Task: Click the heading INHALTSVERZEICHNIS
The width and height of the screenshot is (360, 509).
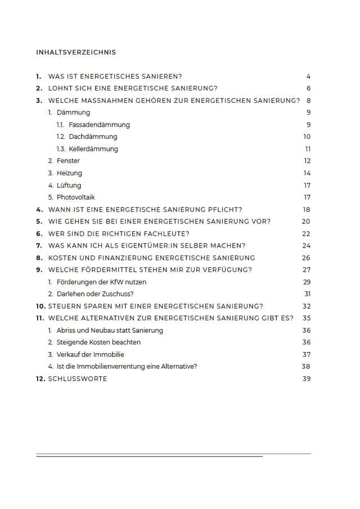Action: [x=76, y=52]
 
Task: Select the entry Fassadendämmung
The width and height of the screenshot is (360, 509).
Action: [x=99, y=125]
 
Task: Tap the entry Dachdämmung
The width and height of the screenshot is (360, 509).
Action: [x=93, y=137]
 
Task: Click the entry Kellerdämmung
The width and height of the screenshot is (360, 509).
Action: [x=93, y=149]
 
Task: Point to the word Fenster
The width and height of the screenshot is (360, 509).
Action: [x=68, y=161]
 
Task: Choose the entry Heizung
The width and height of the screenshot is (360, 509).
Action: [x=69, y=173]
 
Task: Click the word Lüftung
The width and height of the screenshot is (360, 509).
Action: [x=69, y=185]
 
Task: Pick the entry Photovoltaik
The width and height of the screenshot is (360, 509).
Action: [x=76, y=197]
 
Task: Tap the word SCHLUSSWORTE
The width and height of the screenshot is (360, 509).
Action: [x=78, y=379]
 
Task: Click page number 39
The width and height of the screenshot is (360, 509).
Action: [x=306, y=379]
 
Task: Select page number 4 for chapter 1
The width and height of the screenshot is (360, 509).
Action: [x=309, y=76]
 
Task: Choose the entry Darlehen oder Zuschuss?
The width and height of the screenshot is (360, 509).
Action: [x=95, y=294]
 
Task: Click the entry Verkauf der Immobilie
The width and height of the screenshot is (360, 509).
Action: [x=91, y=354]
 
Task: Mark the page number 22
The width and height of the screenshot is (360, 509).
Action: [x=306, y=233]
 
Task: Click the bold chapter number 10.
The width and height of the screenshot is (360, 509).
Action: [x=40, y=306]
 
